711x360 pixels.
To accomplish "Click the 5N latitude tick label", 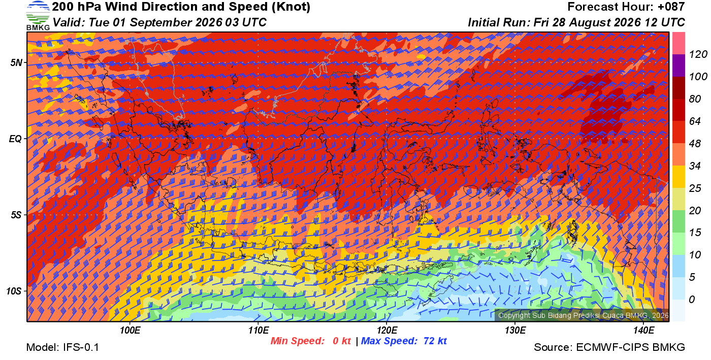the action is tap(16, 63).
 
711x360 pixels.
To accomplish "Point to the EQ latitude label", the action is tap(15, 139).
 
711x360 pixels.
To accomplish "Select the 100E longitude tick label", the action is tap(130, 331).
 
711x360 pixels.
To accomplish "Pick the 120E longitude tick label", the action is tap(387, 331).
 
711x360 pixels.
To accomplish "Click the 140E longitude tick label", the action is tap(644, 331).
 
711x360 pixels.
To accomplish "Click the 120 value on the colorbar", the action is tap(698, 54).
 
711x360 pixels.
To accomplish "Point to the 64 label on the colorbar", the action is tap(695, 121).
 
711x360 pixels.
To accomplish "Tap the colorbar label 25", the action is tap(695, 188).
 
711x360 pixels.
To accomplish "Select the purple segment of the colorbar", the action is tap(678, 66).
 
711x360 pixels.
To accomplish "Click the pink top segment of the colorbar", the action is tap(678, 43).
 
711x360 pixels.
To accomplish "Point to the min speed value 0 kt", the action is tap(341, 341).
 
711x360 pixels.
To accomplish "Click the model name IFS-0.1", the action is tap(81, 347).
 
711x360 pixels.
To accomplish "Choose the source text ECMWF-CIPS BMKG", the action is tap(630, 347).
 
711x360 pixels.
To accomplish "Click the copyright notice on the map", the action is tap(584, 315).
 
